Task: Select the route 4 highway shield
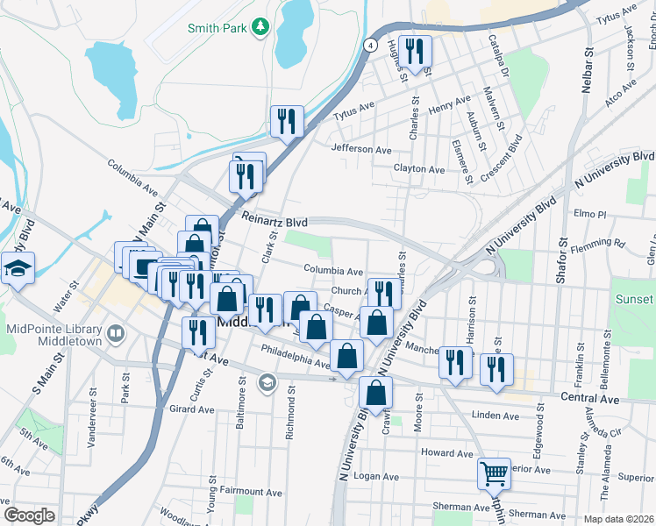(x=372, y=44)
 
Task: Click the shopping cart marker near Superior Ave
(x=494, y=473)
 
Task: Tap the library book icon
(x=115, y=333)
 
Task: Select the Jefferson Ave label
(x=361, y=150)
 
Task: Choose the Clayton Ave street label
(x=419, y=168)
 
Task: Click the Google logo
(x=29, y=515)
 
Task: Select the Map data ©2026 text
(x=618, y=519)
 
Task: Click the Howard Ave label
(x=446, y=453)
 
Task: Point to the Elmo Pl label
(x=589, y=214)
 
